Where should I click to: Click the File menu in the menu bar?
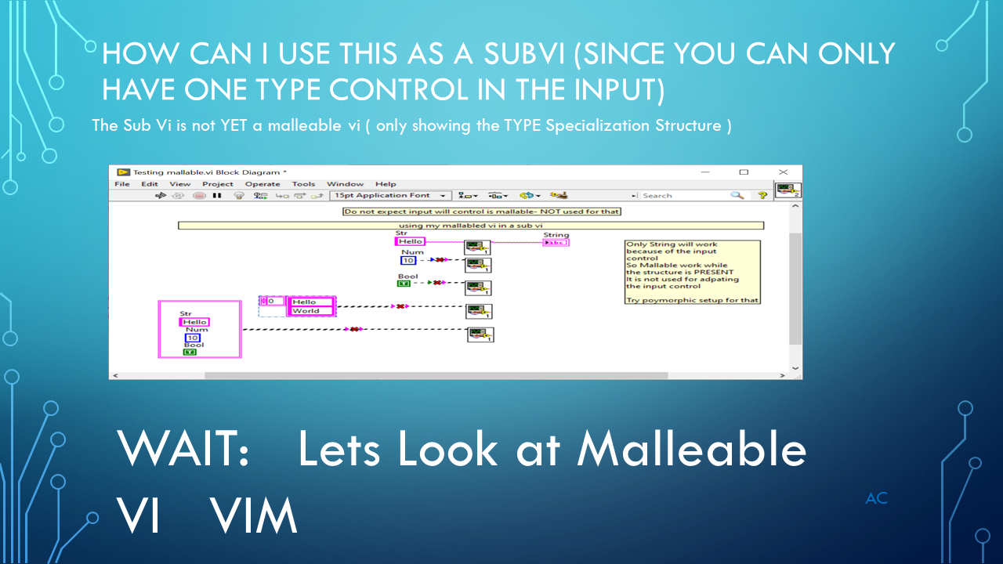[122, 184]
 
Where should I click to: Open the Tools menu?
[303, 184]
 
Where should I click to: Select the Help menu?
[386, 184]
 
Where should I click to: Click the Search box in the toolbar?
[686, 195]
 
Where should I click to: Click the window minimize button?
[704, 172]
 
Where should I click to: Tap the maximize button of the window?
[744, 172]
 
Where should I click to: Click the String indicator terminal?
[556, 242]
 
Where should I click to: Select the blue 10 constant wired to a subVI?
[408, 260]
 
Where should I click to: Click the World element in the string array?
[311, 311]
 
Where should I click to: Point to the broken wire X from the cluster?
[355, 329]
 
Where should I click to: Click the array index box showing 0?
[272, 301]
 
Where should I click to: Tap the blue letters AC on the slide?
[876, 498]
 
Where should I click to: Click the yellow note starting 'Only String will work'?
[693, 272]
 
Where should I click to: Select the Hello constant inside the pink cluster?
[194, 322]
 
